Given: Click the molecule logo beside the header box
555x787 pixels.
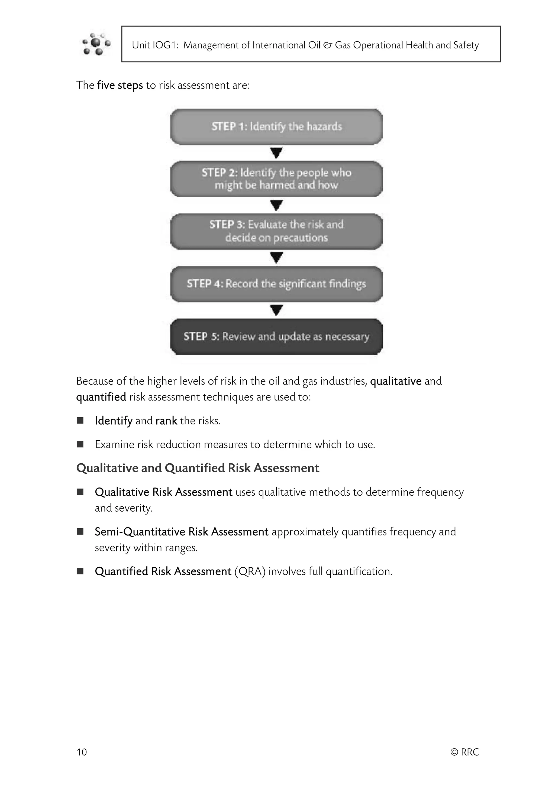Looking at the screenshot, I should (x=96, y=44).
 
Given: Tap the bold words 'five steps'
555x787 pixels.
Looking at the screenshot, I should (x=120, y=85).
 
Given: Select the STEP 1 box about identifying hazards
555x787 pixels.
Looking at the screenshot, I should (x=276, y=127).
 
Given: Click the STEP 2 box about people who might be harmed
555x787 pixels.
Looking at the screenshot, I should (x=276, y=179).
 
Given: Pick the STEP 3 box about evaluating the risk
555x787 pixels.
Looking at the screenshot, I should (x=276, y=231).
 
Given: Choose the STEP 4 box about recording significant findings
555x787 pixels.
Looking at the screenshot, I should (x=276, y=284).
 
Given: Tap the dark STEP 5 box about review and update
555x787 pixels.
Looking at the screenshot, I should (x=276, y=337).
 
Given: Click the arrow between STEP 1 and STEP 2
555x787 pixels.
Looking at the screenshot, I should (x=276, y=152).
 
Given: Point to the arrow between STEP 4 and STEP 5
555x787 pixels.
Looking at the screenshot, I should (x=276, y=310).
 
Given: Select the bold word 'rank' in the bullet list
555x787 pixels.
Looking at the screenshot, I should (x=166, y=421).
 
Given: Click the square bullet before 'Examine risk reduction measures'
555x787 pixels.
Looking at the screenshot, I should (x=80, y=444).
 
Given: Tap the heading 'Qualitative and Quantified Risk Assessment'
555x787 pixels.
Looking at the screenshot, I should (x=198, y=468).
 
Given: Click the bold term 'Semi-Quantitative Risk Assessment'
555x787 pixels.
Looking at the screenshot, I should (x=182, y=532).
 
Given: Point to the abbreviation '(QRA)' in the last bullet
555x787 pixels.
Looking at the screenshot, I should (x=250, y=571).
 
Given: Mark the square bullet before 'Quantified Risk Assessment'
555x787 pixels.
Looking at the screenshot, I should (x=80, y=571).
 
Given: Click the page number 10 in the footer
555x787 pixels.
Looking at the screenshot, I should (x=82, y=752).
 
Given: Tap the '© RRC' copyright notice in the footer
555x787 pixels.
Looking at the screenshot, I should (x=464, y=752).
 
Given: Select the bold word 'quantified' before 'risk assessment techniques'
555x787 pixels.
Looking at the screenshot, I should (x=101, y=397).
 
